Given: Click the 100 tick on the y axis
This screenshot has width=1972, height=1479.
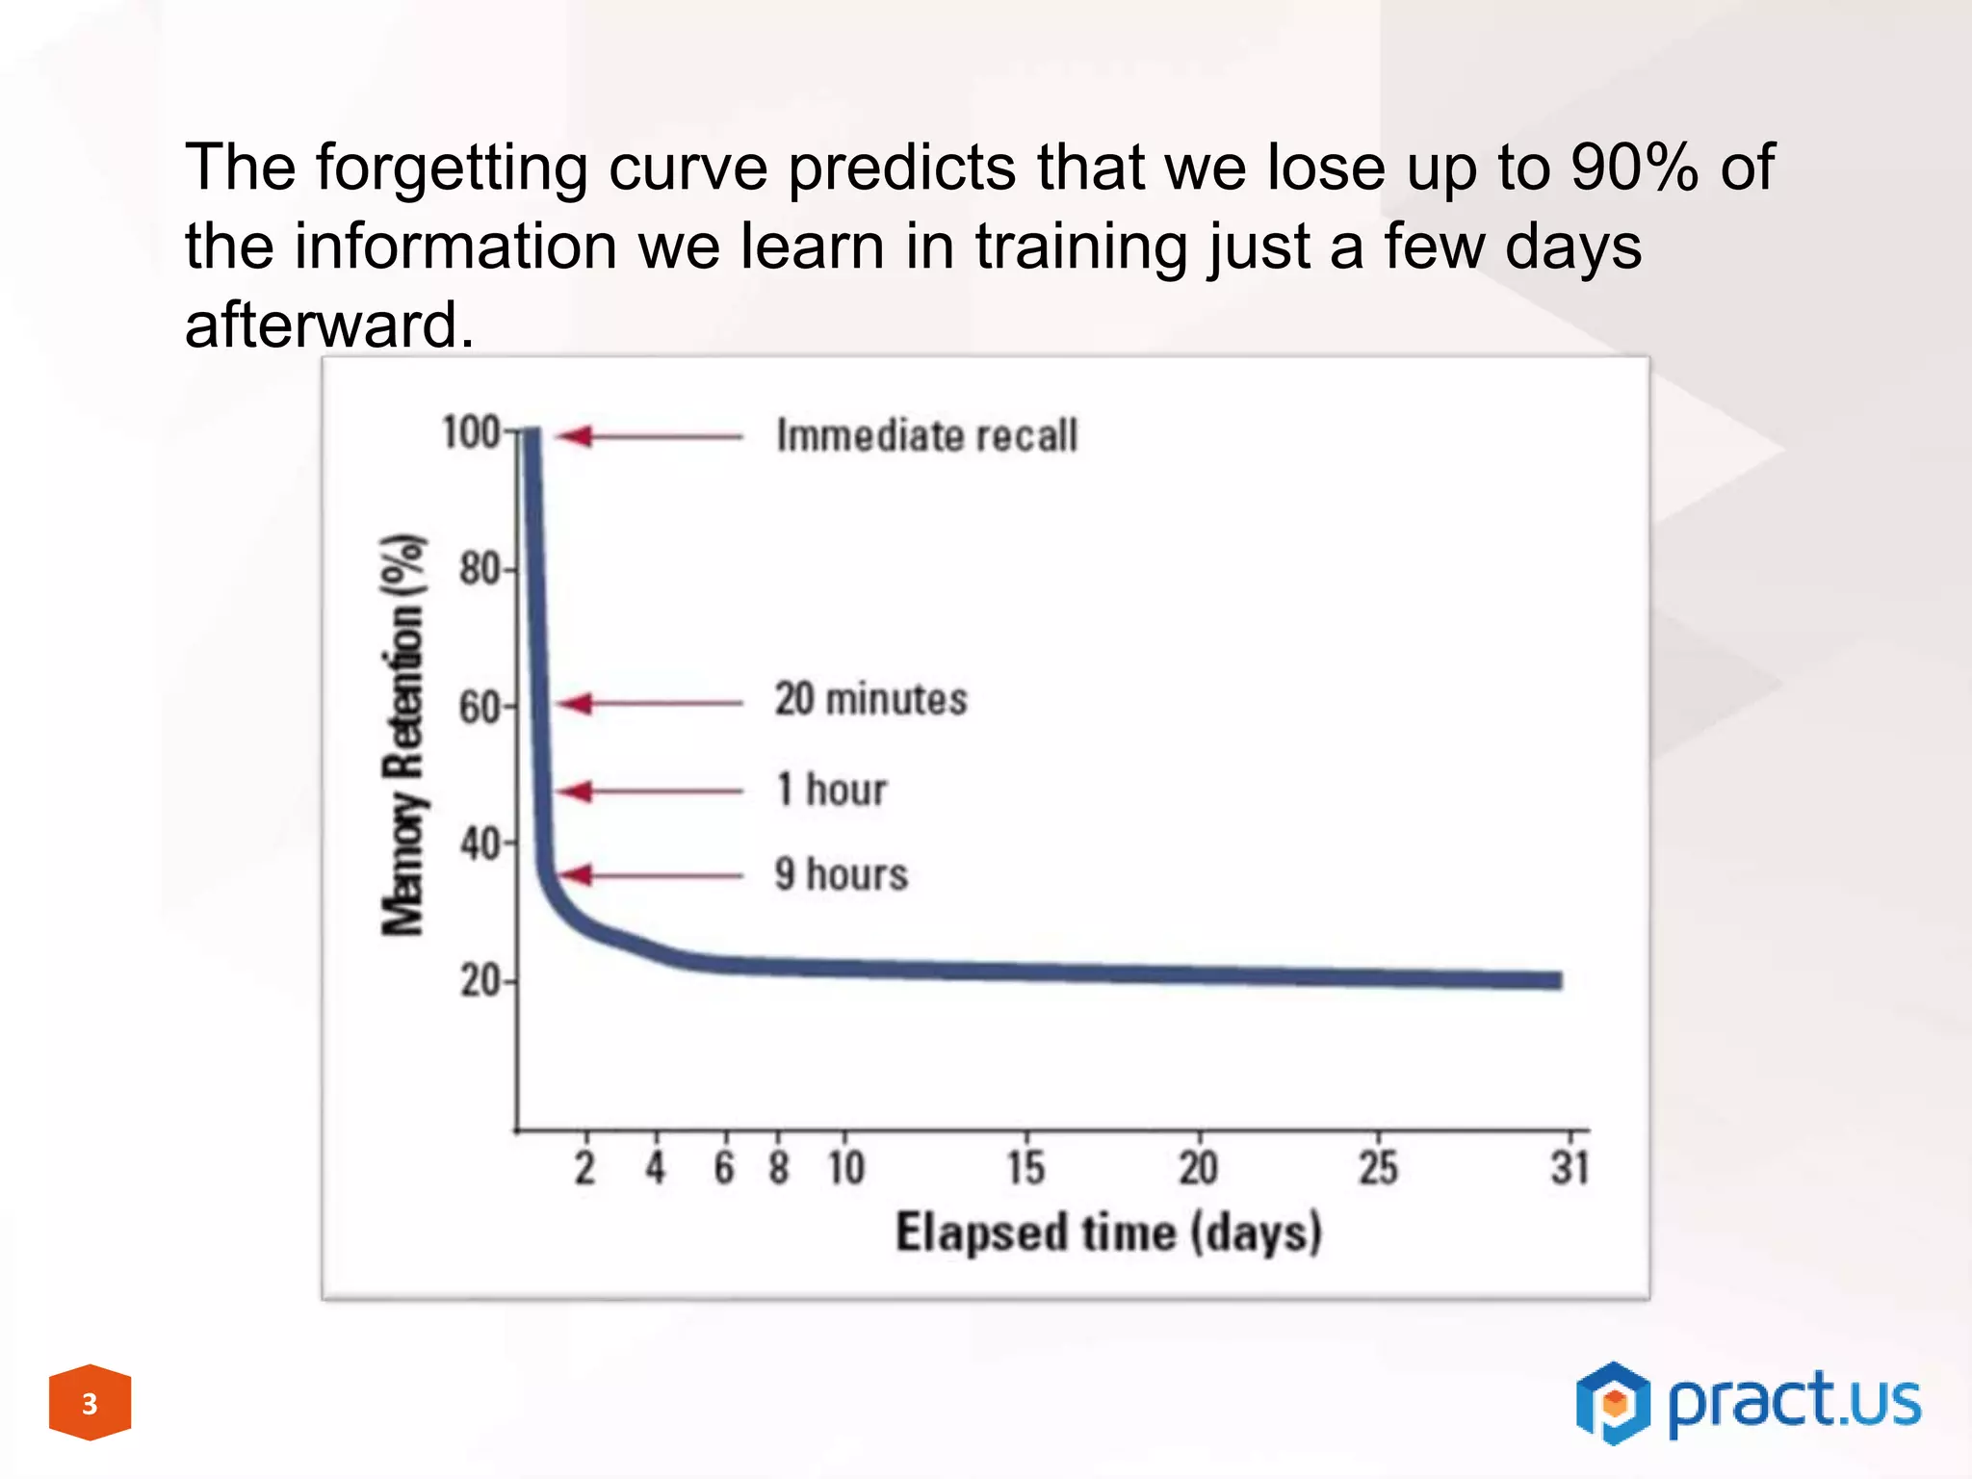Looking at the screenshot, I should [471, 432].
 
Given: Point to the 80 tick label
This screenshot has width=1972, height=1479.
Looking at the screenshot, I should [480, 569].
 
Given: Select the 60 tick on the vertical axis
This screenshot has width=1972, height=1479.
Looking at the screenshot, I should [480, 708].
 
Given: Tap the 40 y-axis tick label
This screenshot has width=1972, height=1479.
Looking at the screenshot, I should [480, 844].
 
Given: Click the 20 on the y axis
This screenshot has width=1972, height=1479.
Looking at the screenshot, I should [480, 981].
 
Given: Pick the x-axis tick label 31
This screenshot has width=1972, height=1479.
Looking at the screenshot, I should [1570, 1168].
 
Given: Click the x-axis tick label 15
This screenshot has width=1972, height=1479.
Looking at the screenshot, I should [1025, 1168].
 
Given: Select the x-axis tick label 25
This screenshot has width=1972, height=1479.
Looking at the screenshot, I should [1378, 1168].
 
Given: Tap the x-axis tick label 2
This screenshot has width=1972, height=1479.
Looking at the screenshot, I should [585, 1168].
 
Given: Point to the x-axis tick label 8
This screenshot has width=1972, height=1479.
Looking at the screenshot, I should [779, 1168].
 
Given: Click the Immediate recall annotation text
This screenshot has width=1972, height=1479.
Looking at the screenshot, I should [926, 435].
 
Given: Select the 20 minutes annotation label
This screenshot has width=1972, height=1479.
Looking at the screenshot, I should [870, 699].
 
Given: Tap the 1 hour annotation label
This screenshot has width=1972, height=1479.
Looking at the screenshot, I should [831, 790].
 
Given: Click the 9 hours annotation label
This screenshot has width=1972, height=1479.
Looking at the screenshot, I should [841, 874].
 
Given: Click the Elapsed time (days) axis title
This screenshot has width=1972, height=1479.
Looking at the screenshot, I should [1108, 1233].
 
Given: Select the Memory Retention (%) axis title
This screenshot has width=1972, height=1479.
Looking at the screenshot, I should [402, 734].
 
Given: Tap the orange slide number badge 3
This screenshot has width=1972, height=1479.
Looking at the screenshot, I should [90, 1403].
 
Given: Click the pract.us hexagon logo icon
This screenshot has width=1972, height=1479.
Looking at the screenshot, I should [1613, 1403].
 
